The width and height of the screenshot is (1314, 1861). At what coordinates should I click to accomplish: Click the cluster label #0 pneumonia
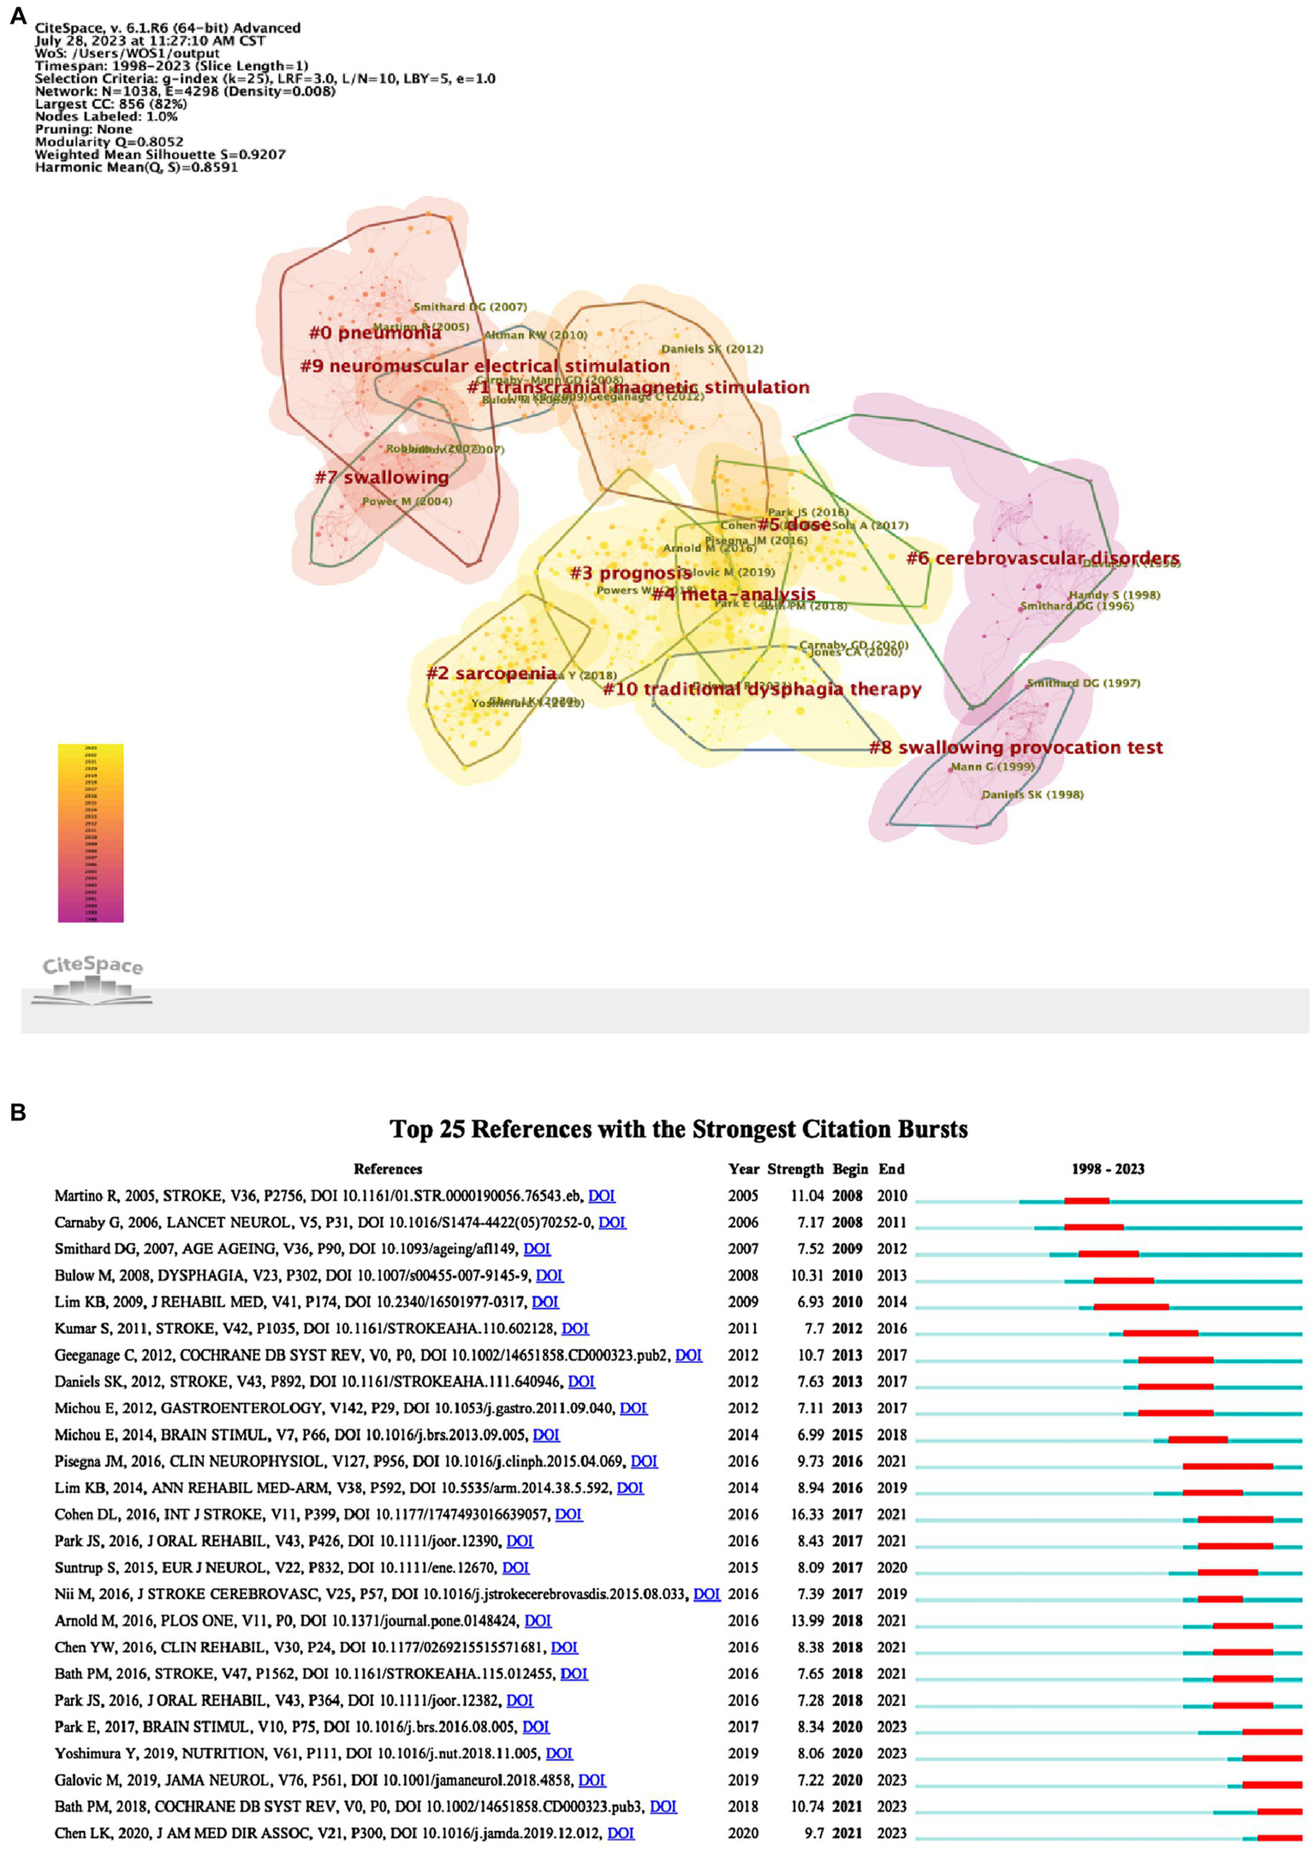(375, 333)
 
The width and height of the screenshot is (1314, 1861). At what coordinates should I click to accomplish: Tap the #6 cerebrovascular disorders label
(1043, 559)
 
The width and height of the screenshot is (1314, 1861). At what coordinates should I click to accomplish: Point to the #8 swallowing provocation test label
(1016, 747)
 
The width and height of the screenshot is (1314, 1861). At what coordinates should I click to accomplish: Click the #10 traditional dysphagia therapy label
(762, 689)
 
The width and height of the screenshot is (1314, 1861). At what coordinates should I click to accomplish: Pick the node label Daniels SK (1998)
(1032, 794)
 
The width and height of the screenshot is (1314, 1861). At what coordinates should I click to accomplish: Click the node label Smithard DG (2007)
(470, 306)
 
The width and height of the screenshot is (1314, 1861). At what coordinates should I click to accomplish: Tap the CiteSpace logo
(92, 977)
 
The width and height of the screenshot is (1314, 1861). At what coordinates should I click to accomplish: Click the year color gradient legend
(91, 832)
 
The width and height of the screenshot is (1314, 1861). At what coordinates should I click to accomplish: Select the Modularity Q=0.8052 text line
(109, 142)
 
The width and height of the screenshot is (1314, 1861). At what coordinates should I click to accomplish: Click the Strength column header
(795, 1168)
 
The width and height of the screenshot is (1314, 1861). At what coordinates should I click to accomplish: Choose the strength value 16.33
(806, 1514)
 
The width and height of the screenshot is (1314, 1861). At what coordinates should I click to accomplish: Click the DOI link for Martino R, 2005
(602, 1196)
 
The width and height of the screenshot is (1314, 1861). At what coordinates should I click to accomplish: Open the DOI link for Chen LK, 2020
(621, 1833)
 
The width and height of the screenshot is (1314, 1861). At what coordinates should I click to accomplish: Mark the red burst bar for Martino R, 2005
(1086, 1201)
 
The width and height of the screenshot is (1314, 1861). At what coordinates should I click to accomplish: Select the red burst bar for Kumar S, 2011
(1161, 1334)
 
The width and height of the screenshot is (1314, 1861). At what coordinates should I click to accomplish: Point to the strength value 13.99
(806, 1620)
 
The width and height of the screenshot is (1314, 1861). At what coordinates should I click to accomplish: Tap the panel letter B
(17, 1112)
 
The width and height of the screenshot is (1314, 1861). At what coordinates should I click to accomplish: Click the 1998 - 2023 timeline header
(1108, 1168)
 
